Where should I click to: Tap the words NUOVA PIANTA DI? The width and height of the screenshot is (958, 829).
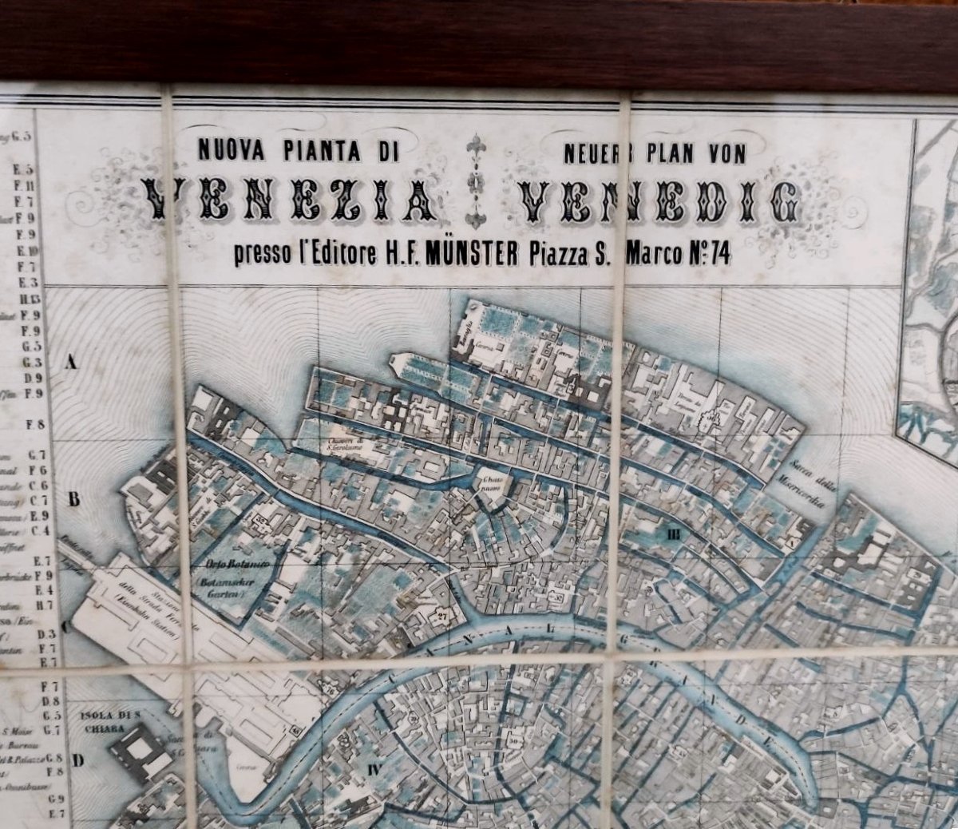click(298, 149)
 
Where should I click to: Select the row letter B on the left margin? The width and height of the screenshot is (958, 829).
click(73, 501)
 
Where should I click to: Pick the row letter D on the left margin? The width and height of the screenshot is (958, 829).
click(77, 760)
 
